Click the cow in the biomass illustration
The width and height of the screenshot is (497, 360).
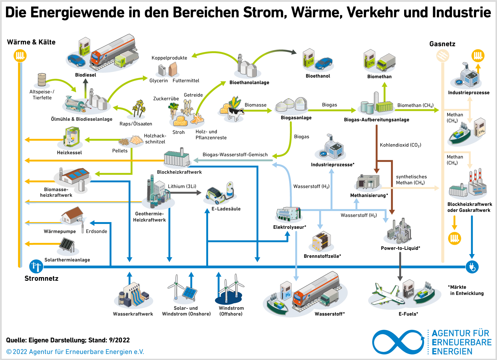[x=236, y=113]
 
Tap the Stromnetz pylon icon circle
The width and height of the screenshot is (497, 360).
[x=36, y=266]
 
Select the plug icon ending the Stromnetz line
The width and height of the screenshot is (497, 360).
[x=472, y=267]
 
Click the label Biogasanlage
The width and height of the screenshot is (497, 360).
[x=296, y=117]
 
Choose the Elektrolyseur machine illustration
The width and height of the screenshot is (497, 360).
[x=288, y=214]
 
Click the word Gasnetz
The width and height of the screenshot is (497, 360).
[x=442, y=44]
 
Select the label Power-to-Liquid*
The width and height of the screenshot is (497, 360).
[x=400, y=248]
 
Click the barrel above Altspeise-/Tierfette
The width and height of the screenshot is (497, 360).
[x=42, y=80]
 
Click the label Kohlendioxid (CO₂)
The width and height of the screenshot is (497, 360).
[x=400, y=145]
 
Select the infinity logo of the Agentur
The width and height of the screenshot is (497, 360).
[x=398, y=342]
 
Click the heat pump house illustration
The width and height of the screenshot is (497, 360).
[x=72, y=215]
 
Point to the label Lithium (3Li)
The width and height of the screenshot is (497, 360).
[x=182, y=186]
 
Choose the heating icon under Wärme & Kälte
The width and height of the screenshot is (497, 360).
[x=20, y=56]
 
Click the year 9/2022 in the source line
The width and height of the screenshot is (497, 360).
[x=119, y=340]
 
